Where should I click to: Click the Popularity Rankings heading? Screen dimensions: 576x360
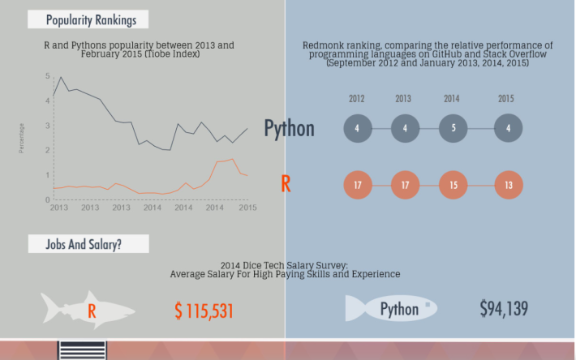(91, 19)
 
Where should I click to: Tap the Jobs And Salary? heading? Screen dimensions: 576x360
(84, 244)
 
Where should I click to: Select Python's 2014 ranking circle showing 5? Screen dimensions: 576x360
(453, 128)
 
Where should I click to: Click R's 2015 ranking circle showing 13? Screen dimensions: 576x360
(509, 185)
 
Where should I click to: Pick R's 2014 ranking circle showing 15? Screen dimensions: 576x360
(453, 185)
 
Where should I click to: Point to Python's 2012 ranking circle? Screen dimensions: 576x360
(358, 128)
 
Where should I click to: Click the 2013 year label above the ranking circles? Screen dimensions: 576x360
(403, 99)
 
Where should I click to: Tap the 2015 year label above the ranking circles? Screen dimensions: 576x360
(506, 99)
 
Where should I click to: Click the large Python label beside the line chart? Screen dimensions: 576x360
(289, 128)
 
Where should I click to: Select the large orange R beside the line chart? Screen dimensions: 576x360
(286, 184)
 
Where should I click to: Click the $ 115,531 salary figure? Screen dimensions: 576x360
(204, 311)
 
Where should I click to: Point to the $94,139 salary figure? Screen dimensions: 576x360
(504, 308)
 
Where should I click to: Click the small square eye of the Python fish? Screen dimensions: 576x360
(428, 305)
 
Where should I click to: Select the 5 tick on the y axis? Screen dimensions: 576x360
(47, 76)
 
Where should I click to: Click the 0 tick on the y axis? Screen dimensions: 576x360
(47, 200)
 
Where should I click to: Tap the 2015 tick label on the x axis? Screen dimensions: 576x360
(247, 208)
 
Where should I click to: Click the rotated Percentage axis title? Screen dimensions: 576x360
(21, 139)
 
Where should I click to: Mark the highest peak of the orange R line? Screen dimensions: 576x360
(232, 159)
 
